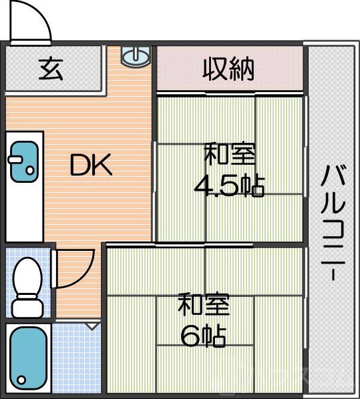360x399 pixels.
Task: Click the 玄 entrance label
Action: (x=50, y=69)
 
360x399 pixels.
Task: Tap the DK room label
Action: (x=92, y=166)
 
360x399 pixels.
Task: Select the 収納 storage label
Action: (x=228, y=68)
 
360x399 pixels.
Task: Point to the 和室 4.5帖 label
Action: (x=229, y=171)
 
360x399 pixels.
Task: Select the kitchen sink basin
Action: (x=24, y=160)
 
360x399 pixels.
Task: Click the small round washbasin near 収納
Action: (x=135, y=56)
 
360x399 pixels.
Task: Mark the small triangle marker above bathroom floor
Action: (x=92, y=326)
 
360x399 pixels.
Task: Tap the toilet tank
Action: (x=27, y=308)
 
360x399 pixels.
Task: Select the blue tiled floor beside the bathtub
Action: (x=77, y=360)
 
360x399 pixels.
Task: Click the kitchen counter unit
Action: (x=24, y=187)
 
